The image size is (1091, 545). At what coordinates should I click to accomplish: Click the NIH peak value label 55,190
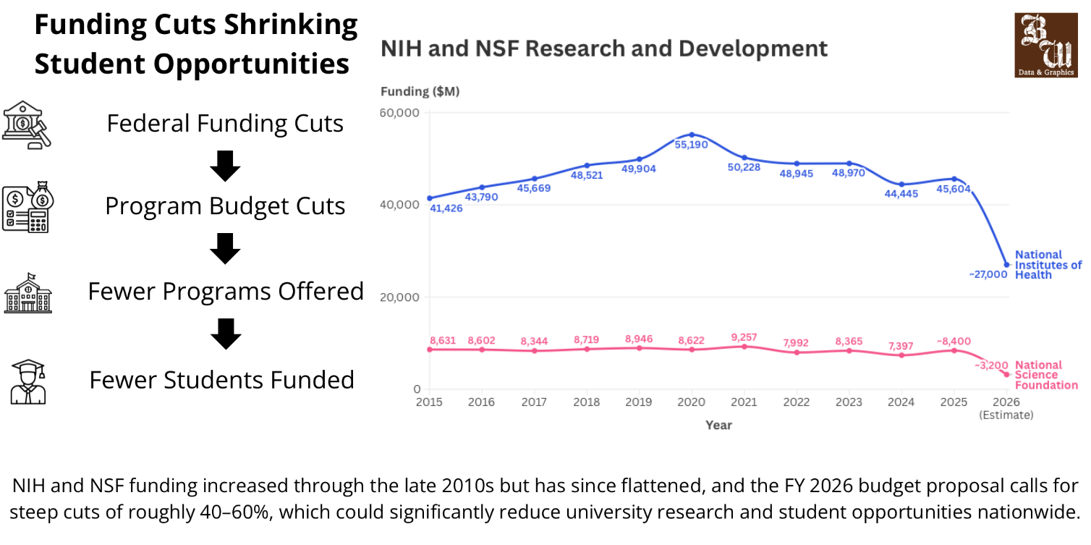point(691,145)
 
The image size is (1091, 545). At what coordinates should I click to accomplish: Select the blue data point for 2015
point(430,198)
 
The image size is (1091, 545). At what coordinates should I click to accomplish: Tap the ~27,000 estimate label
point(988,274)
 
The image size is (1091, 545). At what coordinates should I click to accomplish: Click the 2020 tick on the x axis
point(691,402)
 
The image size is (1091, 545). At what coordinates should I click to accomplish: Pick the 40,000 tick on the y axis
point(399,205)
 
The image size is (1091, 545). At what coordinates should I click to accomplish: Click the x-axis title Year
point(718,425)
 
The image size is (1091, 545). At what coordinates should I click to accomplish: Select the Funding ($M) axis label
point(420,91)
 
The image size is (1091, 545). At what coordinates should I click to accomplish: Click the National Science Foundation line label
point(1048,375)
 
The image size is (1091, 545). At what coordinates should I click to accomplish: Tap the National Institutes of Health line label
point(1048,264)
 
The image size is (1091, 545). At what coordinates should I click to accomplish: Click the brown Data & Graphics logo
point(1045,45)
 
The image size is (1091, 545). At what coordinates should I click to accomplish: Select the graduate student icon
point(28,381)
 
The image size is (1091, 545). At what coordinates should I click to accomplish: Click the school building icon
point(28,292)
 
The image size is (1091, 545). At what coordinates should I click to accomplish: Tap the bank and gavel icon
point(27,124)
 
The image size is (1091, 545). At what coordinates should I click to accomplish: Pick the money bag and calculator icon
point(28,207)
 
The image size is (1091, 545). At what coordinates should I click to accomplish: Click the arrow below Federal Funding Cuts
point(225,166)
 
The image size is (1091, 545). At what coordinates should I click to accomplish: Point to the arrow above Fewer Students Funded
point(225,334)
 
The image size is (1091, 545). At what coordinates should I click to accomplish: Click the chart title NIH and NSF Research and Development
point(603,49)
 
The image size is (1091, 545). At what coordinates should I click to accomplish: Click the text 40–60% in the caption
point(238,512)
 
